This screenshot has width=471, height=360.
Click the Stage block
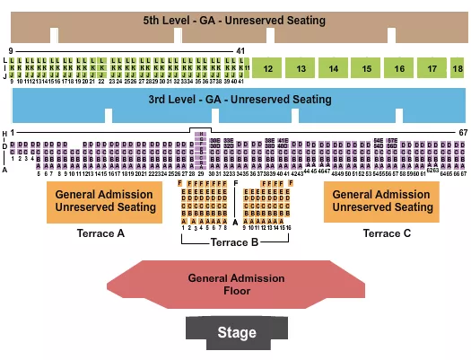236,332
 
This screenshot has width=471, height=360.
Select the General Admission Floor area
236,284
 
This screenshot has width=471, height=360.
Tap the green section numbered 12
267,68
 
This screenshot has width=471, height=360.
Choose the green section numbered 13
301,68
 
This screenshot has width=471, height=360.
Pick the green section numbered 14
333,68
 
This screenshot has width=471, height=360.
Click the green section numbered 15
366,68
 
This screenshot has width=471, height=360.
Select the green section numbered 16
399,68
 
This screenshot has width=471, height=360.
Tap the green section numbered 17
432,68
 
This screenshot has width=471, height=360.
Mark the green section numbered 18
457,68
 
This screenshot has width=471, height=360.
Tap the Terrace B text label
234,242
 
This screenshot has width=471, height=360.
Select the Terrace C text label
387,233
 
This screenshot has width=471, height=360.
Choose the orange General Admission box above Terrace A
93,201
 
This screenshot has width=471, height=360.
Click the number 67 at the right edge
463,133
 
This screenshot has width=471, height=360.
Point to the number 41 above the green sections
240,51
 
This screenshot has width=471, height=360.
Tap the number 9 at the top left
11,51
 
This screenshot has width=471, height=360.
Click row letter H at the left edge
5,134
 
